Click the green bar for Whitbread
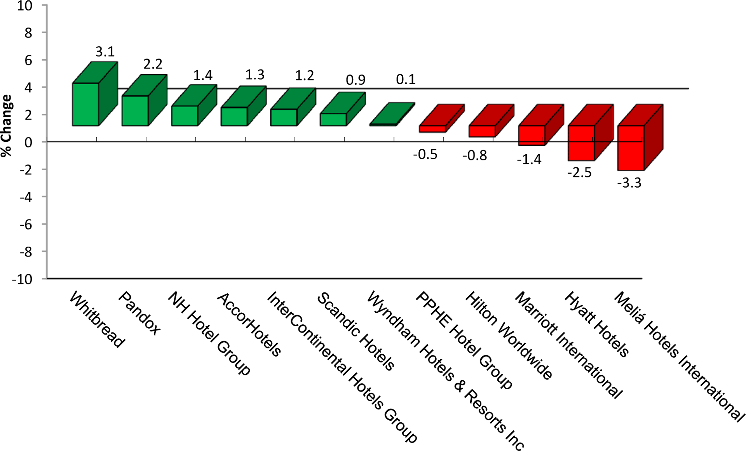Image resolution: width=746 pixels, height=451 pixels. pyautogui.click(x=86, y=104)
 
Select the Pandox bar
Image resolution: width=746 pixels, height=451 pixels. pyautogui.click(x=135, y=110)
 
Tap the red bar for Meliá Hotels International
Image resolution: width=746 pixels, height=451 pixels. pyautogui.click(x=631, y=148)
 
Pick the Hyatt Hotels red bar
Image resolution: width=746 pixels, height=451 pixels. pyautogui.click(x=581, y=143)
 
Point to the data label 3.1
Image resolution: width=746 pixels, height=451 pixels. pyautogui.click(x=105, y=52)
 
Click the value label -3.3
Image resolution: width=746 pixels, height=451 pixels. pyautogui.click(x=629, y=183)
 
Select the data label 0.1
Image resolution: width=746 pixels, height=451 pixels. pyautogui.click(x=406, y=80)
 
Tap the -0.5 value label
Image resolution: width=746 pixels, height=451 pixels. pyautogui.click(x=425, y=155)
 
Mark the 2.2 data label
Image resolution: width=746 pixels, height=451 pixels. pyautogui.click(x=153, y=64)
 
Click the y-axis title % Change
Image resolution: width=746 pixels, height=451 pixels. pyautogui.click(x=7, y=125)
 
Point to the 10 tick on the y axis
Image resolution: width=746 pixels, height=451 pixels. pyautogui.click(x=24, y=6)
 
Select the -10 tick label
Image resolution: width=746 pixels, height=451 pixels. pyautogui.click(x=22, y=279)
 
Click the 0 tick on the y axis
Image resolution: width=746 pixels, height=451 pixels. pyautogui.click(x=28, y=143)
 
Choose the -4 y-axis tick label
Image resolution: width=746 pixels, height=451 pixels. pyautogui.click(x=26, y=197)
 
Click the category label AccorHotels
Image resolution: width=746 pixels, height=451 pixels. pyautogui.click(x=249, y=324)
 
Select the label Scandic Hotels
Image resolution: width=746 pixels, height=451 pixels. pyautogui.click(x=356, y=331)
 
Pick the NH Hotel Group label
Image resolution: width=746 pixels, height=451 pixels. pyautogui.click(x=209, y=333)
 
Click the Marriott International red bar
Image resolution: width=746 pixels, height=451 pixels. pyautogui.click(x=532, y=135)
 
